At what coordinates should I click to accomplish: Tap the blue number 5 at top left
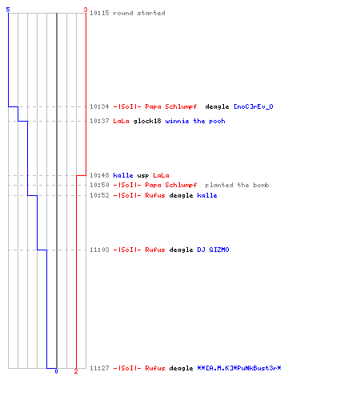(8, 10)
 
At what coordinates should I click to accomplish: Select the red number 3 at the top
(86, 10)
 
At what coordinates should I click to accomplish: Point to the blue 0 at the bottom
(56, 371)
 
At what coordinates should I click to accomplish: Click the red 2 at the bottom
(76, 371)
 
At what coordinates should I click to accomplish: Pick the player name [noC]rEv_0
(254, 106)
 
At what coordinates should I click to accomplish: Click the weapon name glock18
(147, 121)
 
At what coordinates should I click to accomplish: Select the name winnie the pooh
(195, 121)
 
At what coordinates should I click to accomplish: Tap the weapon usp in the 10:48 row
(143, 175)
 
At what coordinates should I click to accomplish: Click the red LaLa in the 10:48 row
(161, 175)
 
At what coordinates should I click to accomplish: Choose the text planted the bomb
(237, 185)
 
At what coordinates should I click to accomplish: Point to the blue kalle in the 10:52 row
(207, 195)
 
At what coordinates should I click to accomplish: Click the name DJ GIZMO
(213, 250)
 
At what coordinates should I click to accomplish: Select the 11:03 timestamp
(99, 250)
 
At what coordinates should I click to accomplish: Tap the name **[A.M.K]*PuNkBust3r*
(239, 368)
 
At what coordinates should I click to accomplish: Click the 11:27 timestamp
(99, 368)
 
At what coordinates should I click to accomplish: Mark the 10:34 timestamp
(99, 106)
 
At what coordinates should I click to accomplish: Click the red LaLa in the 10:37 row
(121, 121)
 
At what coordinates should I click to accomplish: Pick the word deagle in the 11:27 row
(181, 368)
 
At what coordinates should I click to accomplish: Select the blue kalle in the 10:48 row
(123, 175)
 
